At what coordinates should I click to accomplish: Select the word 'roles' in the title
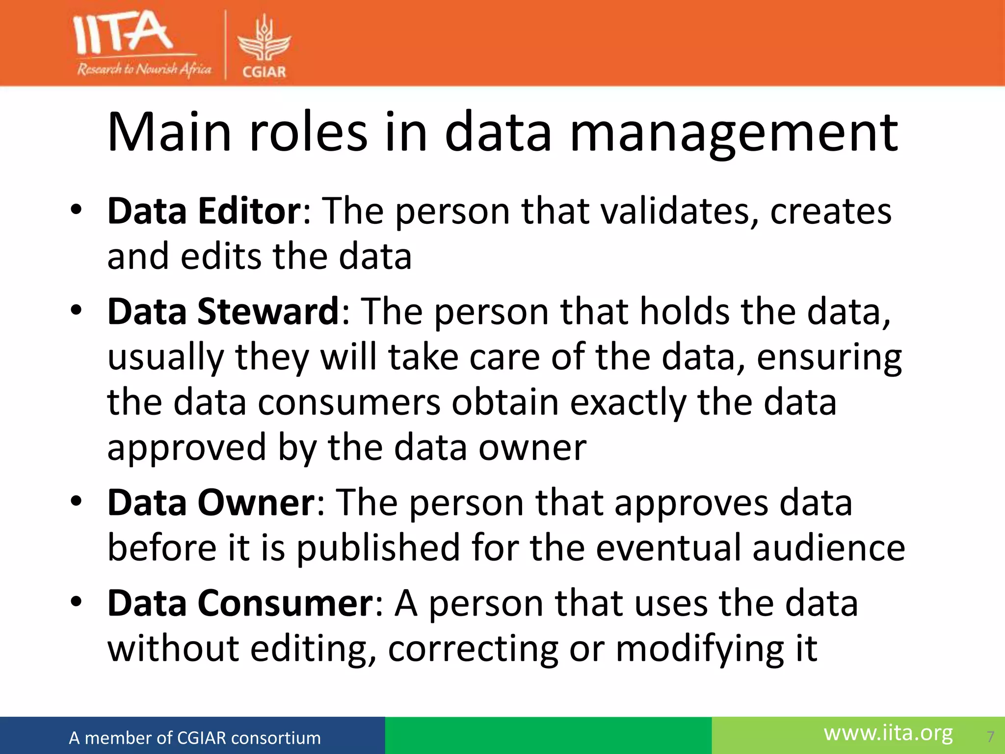308,133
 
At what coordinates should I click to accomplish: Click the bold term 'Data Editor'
204,211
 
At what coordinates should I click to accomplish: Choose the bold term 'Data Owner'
212,503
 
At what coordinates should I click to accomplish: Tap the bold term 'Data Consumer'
240,603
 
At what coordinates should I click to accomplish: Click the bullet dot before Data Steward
76,311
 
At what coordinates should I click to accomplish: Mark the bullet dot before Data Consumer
76,602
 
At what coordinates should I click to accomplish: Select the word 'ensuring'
829,358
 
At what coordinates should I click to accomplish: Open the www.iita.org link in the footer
888,733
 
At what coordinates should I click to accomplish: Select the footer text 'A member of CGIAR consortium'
195,738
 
